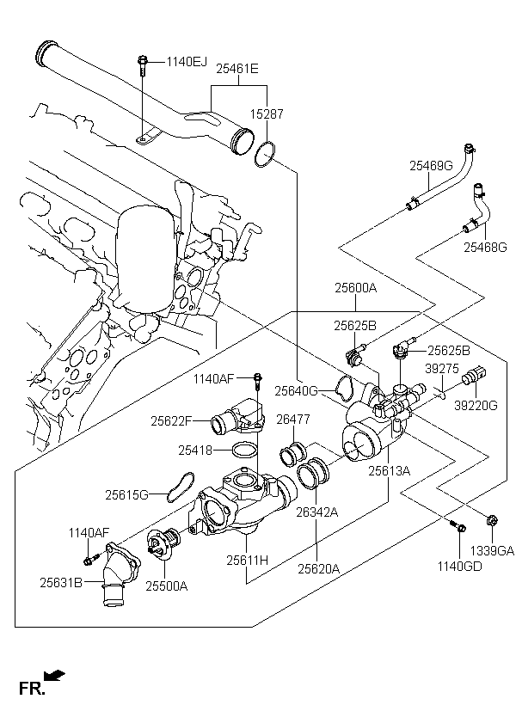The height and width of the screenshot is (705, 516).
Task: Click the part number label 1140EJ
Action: point(187,61)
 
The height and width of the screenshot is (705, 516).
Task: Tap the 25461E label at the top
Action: point(237,67)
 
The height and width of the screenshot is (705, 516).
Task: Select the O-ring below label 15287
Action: point(266,154)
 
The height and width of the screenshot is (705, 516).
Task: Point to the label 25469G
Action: point(430,166)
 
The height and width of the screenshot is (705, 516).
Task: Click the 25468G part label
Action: point(486,248)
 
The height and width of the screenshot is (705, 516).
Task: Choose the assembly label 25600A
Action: point(355,288)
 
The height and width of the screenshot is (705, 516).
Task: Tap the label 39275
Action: point(441,368)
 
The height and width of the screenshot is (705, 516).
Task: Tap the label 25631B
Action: point(60,582)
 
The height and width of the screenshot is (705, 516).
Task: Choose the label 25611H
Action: point(248,560)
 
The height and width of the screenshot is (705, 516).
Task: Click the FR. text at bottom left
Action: point(31,687)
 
